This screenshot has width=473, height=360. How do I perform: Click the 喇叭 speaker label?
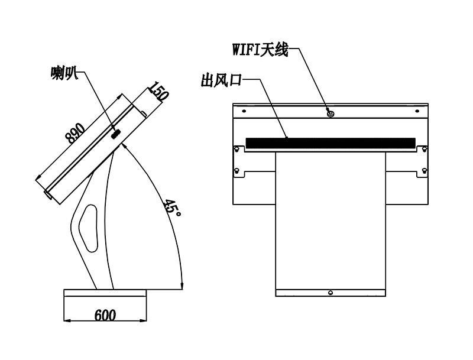[x=64, y=73]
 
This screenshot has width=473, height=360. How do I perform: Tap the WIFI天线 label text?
[x=260, y=50]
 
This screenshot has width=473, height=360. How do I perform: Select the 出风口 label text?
[x=222, y=80]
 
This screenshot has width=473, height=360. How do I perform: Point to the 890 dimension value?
[x=76, y=132]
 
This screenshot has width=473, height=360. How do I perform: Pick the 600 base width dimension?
[x=105, y=316]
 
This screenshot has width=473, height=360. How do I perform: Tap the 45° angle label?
[x=172, y=208]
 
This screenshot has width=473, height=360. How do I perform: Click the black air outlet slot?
[x=331, y=143]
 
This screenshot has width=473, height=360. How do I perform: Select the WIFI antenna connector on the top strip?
[x=331, y=113]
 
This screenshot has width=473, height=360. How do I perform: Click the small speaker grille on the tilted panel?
[x=116, y=134]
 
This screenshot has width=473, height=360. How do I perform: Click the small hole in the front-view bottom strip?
[x=331, y=293]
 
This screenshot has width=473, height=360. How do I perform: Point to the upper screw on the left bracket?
[x=237, y=149]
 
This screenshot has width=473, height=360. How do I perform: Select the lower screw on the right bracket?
[x=425, y=171]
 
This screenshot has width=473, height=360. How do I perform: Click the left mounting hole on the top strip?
[x=244, y=111]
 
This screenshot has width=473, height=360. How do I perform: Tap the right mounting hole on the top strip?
[x=417, y=111]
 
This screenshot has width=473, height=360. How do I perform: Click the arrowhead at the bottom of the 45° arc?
[x=182, y=285]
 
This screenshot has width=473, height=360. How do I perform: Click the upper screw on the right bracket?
[x=425, y=149]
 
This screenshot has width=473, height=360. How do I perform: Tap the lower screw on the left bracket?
[x=237, y=171]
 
